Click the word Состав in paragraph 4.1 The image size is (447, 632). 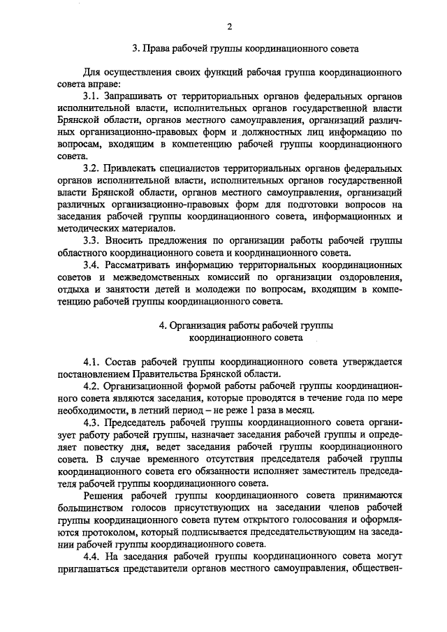(123, 362)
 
